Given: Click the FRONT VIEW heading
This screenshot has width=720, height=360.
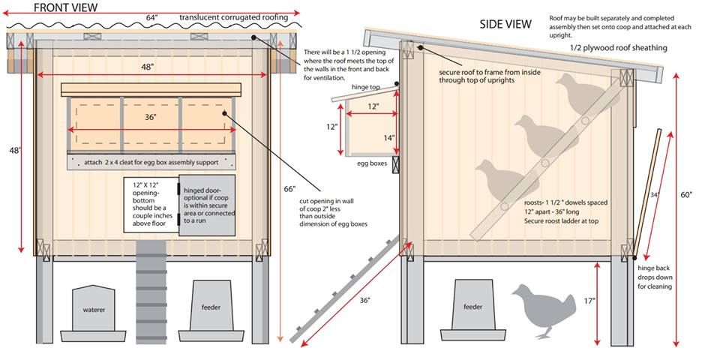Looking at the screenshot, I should (x=64, y=7).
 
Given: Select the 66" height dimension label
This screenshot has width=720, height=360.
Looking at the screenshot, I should (x=289, y=188).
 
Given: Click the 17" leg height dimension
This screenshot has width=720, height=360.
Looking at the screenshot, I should (x=589, y=301).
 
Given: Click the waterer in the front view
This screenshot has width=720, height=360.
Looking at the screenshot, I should (x=94, y=309).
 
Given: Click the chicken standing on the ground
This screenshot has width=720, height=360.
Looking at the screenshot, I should (x=541, y=308).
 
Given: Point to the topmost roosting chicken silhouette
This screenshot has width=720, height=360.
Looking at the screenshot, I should (x=583, y=94).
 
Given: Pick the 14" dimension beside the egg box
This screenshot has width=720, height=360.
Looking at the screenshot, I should (x=388, y=138).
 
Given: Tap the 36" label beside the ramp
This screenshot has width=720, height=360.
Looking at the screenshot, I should (x=364, y=300).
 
